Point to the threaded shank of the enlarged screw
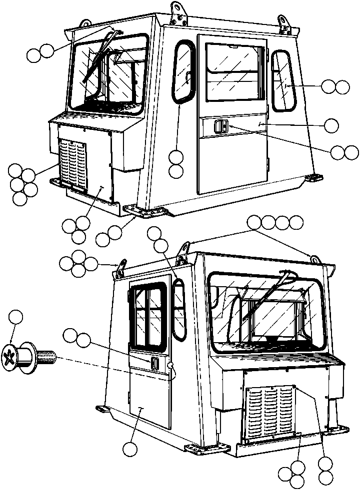[46, 357]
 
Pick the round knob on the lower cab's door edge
[172, 368]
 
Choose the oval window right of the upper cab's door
[284, 80]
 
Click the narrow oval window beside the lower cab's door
[178, 307]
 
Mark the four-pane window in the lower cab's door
[148, 313]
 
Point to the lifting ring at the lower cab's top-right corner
[315, 259]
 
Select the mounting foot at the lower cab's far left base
[102, 409]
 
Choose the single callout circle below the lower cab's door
[131, 449]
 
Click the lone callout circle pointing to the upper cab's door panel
[331, 125]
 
